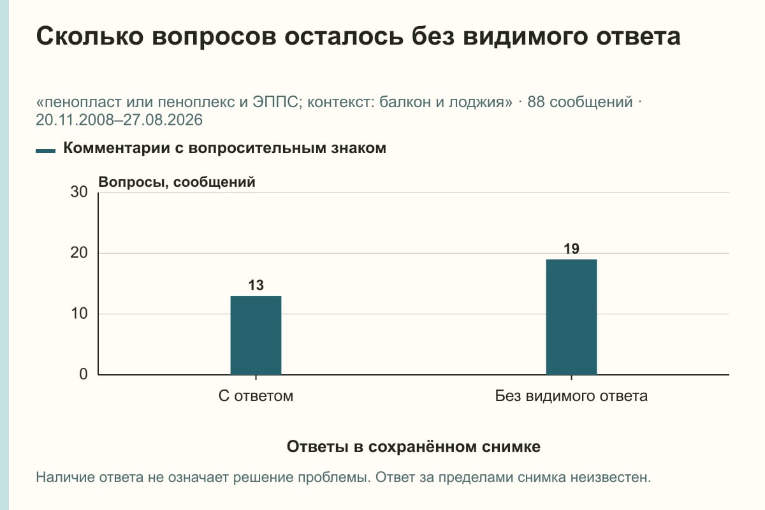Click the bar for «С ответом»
(256, 335)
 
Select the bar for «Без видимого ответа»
(571, 317)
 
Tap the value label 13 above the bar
(256, 285)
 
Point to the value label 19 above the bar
(571, 249)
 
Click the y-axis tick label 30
(79, 192)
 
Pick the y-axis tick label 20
(79, 253)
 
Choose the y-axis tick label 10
(79, 314)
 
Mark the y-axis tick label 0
(84, 374)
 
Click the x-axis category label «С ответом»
(256, 396)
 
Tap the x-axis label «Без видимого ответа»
(571, 396)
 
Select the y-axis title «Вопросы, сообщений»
(177, 182)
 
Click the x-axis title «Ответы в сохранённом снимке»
(414, 446)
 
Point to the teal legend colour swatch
(45, 151)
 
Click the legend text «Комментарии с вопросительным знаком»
(224, 148)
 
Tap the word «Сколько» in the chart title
(90, 36)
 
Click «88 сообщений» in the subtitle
(580, 102)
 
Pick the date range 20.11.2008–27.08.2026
(119, 120)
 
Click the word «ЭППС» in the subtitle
(275, 102)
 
